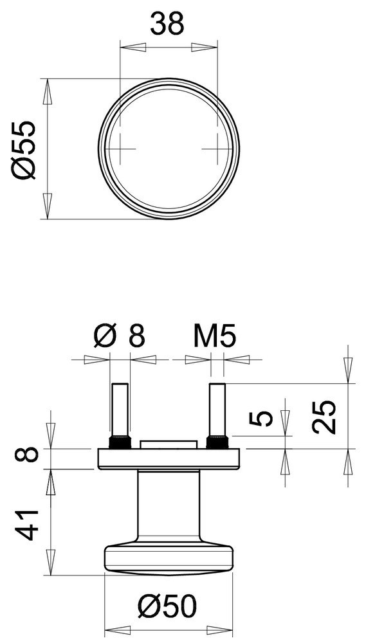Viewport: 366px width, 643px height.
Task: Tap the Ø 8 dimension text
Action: pyautogui.click(x=120, y=336)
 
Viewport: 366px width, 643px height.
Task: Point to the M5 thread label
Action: pyautogui.click(x=215, y=336)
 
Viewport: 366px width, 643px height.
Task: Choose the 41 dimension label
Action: pyautogui.click(x=27, y=524)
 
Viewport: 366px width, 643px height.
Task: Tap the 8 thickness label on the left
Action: pyautogui.click(x=27, y=458)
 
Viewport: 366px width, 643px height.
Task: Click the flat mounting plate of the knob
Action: pyautogui.click(x=169, y=458)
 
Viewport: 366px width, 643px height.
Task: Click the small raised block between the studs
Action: pyautogui.click(x=169, y=444)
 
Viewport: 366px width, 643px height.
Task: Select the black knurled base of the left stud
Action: pyautogui.click(x=120, y=442)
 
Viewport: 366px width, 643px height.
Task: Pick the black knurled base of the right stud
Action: pyautogui.click(x=216, y=442)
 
